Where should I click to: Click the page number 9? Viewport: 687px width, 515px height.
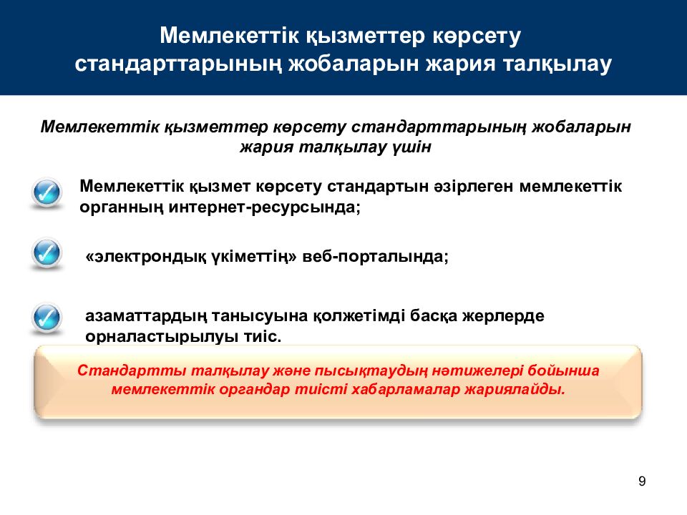[x=641, y=481]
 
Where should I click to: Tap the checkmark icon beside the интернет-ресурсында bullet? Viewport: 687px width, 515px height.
[x=47, y=192]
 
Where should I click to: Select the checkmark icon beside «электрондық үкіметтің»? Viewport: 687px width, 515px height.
[x=47, y=253]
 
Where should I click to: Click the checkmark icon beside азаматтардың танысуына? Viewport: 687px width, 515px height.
[x=47, y=316]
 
